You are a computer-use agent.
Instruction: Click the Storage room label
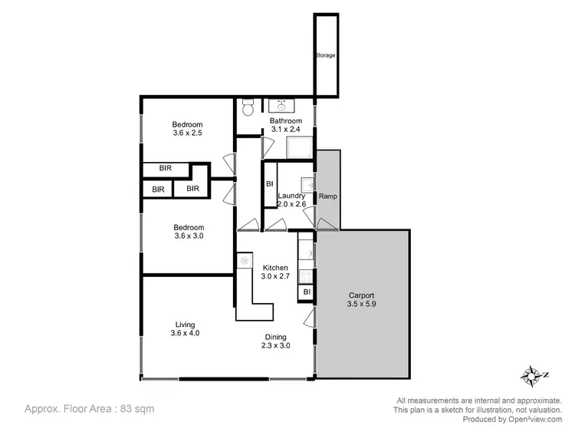[325, 56]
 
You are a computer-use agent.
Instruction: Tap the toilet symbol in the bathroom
[247, 106]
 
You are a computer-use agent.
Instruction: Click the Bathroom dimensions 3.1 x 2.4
[285, 130]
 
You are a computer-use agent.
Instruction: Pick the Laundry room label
[291, 196]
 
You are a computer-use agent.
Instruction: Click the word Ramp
[327, 196]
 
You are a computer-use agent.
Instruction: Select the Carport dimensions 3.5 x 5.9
[361, 304]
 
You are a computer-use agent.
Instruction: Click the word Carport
[361, 295]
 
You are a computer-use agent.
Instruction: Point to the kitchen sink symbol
[245, 262]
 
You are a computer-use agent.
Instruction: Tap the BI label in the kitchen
[305, 292]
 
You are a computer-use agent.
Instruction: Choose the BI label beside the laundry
[269, 184]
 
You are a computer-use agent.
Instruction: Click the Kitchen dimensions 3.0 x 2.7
[274, 276]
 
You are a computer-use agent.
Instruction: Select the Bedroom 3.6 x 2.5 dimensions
[188, 134]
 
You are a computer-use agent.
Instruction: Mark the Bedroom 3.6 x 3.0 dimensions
[188, 236]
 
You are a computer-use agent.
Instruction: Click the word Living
[185, 324]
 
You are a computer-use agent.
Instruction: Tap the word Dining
[276, 337]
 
